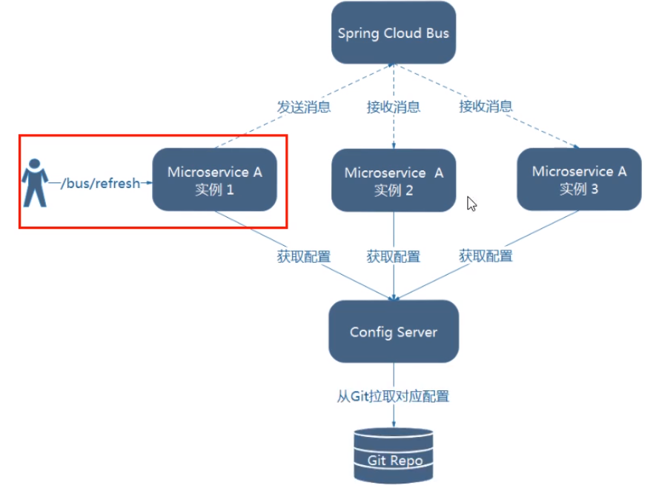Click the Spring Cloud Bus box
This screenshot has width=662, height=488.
pos(393,33)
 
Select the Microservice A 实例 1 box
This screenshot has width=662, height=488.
pos(214,180)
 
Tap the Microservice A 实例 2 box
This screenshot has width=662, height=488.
pos(393,181)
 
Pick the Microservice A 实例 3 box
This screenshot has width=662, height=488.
pos(578,180)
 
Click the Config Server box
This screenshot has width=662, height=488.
pos(393,332)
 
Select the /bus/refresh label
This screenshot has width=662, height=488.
pos(100,183)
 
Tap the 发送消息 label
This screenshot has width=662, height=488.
pos(304,107)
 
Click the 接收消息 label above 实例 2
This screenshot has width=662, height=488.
pos(393,107)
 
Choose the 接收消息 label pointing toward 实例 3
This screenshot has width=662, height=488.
pos(486,106)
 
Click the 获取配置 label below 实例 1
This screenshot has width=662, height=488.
pos(304,257)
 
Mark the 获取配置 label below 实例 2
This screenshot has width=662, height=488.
pos(393,257)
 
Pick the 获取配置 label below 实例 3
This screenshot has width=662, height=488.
pos(486,256)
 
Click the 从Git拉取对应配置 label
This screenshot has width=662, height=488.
pos(393,396)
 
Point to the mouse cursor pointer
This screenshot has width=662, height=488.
pos(471,204)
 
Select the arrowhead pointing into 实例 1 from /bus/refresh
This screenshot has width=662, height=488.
pos(148,183)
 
